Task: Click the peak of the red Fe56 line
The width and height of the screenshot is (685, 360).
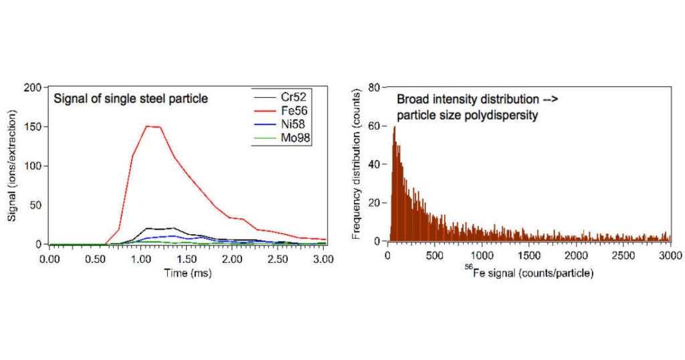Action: (x=148, y=126)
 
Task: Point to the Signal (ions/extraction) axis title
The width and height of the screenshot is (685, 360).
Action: (x=12, y=166)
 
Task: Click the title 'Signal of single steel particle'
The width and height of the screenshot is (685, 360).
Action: (x=131, y=99)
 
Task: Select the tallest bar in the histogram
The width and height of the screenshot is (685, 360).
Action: (x=395, y=127)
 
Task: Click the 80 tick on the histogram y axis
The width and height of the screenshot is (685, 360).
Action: (x=375, y=87)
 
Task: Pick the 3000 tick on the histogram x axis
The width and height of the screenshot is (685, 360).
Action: (x=670, y=256)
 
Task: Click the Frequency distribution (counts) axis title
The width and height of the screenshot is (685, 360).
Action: (x=357, y=166)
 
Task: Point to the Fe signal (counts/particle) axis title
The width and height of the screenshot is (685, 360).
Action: (x=528, y=274)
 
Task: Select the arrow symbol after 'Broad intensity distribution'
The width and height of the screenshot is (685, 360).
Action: (x=549, y=99)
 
